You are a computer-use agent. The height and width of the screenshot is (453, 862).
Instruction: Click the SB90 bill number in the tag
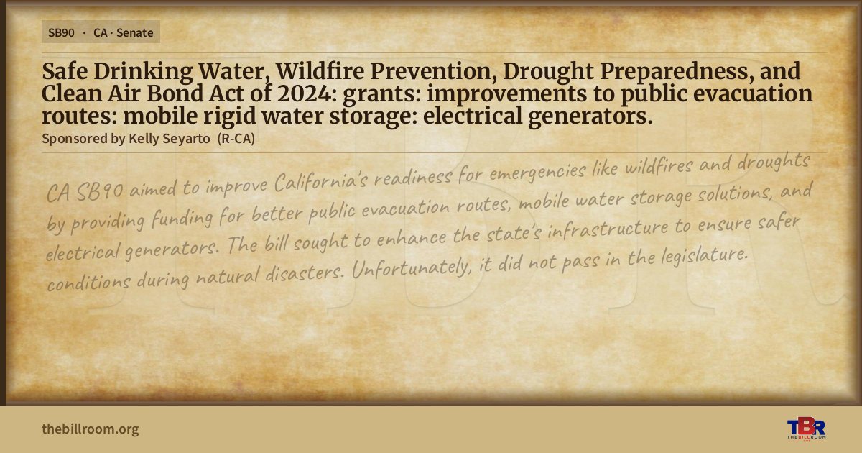point(61,33)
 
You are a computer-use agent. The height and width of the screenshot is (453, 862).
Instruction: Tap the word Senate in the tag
point(135,33)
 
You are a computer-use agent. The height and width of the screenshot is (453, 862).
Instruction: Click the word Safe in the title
point(65,71)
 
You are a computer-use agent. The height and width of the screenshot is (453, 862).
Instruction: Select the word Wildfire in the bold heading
point(320,71)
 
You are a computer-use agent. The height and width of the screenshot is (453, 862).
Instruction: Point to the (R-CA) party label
point(236,139)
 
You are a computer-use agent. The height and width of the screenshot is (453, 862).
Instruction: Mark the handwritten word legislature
point(705,255)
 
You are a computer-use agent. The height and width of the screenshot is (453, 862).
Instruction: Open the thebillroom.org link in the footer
point(91,429)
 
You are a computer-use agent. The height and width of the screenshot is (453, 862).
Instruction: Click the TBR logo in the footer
point(806,429)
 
